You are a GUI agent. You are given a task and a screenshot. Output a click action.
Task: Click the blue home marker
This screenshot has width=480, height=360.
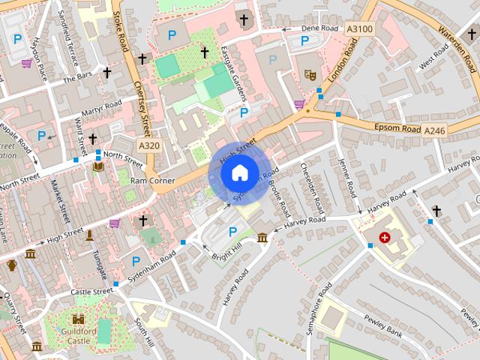click(x=238, y=173)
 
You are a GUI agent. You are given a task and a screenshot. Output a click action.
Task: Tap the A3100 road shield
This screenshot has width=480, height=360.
click(x=359, y=28)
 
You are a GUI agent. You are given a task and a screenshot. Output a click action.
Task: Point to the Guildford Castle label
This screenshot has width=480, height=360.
click(x=78, y=335)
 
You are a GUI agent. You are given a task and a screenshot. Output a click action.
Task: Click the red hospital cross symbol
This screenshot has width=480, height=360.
click(x=385, y=237)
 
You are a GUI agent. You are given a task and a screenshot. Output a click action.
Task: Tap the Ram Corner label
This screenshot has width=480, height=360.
click(x=152, y=181)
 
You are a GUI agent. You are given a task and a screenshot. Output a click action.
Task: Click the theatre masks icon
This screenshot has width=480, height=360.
click(x=309, y=74)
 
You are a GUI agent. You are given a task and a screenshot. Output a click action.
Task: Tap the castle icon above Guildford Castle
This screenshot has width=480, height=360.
click(x=79, y=319)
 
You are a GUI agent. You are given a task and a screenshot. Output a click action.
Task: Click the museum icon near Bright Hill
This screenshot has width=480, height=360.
click(x=262, y=238)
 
